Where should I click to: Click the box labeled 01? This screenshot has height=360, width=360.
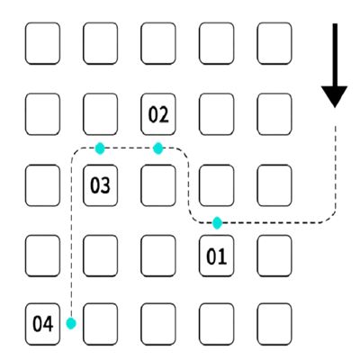pos(216,256)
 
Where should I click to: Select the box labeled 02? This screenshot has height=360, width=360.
pos(158,114)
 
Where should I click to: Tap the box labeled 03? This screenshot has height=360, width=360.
pos(100,185)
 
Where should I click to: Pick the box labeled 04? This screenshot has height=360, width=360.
pos(42,324)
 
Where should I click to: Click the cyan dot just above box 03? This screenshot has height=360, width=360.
pos(100,148)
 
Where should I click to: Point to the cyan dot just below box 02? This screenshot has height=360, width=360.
pos(157,148)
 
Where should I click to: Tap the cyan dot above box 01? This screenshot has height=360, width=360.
pos(217,223)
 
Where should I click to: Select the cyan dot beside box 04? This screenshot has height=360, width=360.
pos(71,323)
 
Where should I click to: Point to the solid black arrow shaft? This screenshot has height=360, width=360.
pos(335,55)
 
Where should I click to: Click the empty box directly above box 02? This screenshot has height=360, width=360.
pos(158,43)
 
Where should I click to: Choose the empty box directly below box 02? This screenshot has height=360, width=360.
pos(158,185)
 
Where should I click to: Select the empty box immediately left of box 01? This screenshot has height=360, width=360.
pos(158,256)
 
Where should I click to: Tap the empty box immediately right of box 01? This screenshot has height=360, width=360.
pos(274,256)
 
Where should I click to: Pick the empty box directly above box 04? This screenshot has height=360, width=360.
pos(42,256)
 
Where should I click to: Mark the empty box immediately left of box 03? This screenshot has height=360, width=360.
pos(42,185)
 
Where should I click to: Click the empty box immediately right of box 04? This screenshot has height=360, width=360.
pos(100,324)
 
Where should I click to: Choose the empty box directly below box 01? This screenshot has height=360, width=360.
pos(216,324)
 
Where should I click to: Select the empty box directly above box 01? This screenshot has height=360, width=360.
pos(216,185)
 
